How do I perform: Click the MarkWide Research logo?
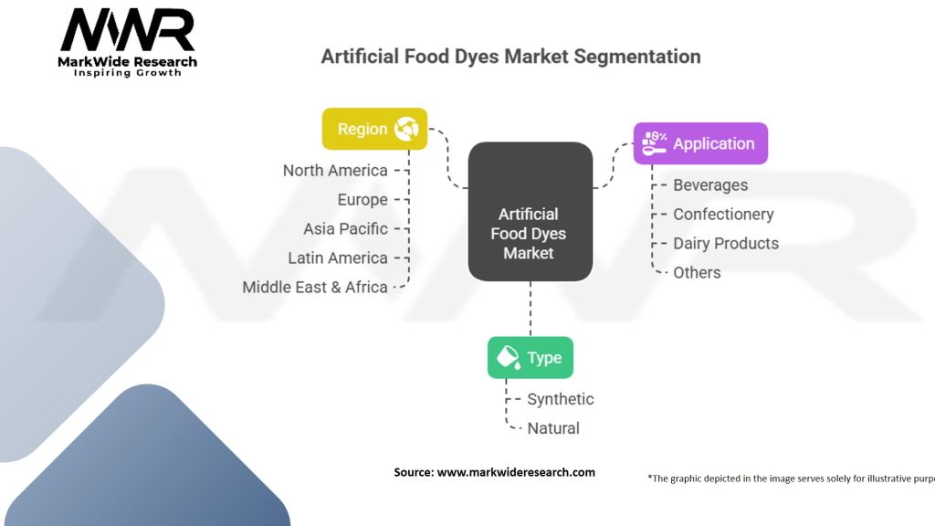click(x=128, y=41)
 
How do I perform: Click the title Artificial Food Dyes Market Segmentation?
click(x=510, y=57)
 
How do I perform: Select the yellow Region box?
click(x=374, y=129)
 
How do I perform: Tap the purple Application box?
click(x=700, y=143)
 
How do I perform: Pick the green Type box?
click(x=530, y=357)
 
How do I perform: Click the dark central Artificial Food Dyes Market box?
click(x=530, y=212)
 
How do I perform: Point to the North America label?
click(x=335, y=171)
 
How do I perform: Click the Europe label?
click(x=362, y=200)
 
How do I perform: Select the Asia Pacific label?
click(x=345, y=229)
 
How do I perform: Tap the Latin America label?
click(x=338, y=258)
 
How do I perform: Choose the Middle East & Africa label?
click(x=315, y=288)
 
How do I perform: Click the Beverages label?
click(x=710, y=185)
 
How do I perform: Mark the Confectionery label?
click(x=723, y=215)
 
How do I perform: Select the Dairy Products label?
click(x=726, y=244)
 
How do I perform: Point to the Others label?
click(x=697, y=273)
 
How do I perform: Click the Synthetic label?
click(x=560, y=399)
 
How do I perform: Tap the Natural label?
click(x=553, y=428)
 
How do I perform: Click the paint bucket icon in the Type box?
click(x=508, y=357)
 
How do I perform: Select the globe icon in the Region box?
click(x=405, y=129)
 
